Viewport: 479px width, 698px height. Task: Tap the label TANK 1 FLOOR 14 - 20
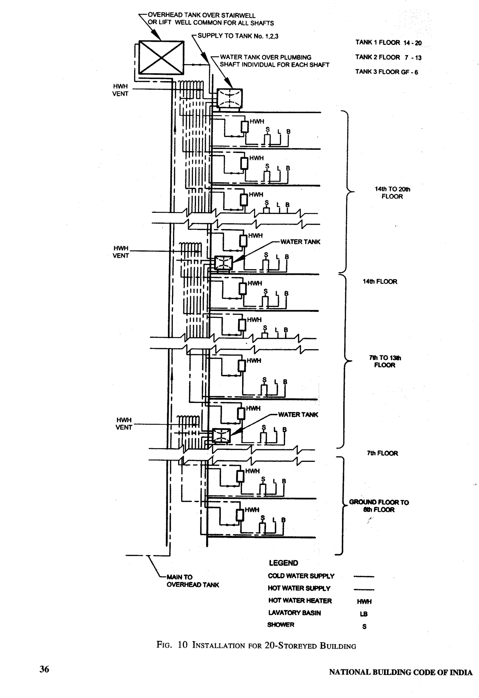click(388, 43)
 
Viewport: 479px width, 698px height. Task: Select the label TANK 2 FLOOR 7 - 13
click(388, 57)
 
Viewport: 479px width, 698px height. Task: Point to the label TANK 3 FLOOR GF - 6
click(387, 72)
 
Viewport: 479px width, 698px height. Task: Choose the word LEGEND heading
click(283, 563)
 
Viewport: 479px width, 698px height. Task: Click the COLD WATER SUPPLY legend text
click(301, 576)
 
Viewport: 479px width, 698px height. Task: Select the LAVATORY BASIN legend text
click(294, 613)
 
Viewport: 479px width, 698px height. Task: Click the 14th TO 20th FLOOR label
click(392, 193)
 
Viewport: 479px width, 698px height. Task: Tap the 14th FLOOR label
click(380, 281)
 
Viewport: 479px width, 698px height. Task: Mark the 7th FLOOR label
click(382, 453)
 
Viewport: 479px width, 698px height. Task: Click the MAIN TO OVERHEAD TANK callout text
click(192, 581)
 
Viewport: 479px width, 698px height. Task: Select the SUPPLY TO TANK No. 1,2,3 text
click(238, 36)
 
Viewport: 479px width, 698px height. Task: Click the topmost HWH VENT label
click(120, 90)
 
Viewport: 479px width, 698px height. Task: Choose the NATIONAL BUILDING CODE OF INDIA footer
click(400, 672)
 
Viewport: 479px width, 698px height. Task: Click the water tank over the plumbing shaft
click(229, 98)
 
